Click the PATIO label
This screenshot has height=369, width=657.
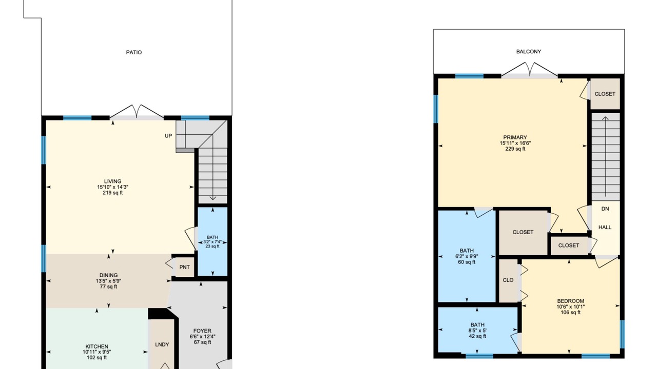point(134,52)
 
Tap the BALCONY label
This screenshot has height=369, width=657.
point(529,52)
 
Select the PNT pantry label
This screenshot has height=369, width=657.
point(184,267)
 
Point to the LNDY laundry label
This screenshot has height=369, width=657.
point(162,344)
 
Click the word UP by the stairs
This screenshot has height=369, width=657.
point(168,136)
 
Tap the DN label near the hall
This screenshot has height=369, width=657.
point(605,209)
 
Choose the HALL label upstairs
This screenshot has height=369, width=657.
point(605,227)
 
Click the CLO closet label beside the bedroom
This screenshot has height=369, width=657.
point(508,280)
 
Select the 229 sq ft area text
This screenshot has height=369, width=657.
point(515,149)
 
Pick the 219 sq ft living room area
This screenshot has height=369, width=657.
point(112,193)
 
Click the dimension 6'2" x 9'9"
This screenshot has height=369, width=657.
point(467,256)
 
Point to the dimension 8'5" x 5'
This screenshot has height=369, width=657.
point(477,331)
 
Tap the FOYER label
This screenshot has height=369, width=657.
point(202,331)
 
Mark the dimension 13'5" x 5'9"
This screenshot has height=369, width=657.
point(108,281)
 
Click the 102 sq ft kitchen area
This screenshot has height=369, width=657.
point(97,358)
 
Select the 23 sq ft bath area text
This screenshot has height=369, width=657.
point(212,247)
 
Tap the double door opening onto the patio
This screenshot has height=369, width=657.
point(137,112)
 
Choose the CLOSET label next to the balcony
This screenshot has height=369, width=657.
point(605,94)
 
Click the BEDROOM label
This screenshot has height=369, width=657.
point(570,301)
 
